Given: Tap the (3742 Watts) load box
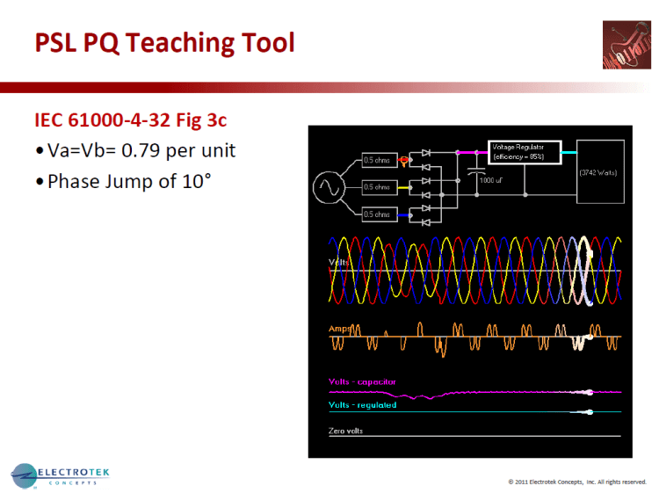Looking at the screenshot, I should coord(599,173).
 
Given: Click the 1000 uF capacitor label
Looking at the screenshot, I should coord(491,179).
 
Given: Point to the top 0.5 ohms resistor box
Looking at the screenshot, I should coord(377,161).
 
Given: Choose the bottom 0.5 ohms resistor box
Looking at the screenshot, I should coord(377,214).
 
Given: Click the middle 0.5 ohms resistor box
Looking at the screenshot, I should coord(377,187).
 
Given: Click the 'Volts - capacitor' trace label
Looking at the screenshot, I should coord(362,382).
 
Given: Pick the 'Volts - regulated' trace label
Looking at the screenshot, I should coord(362,405).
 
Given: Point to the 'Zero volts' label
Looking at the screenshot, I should coord(345,431).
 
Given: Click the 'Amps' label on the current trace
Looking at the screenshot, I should coord(339,329).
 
